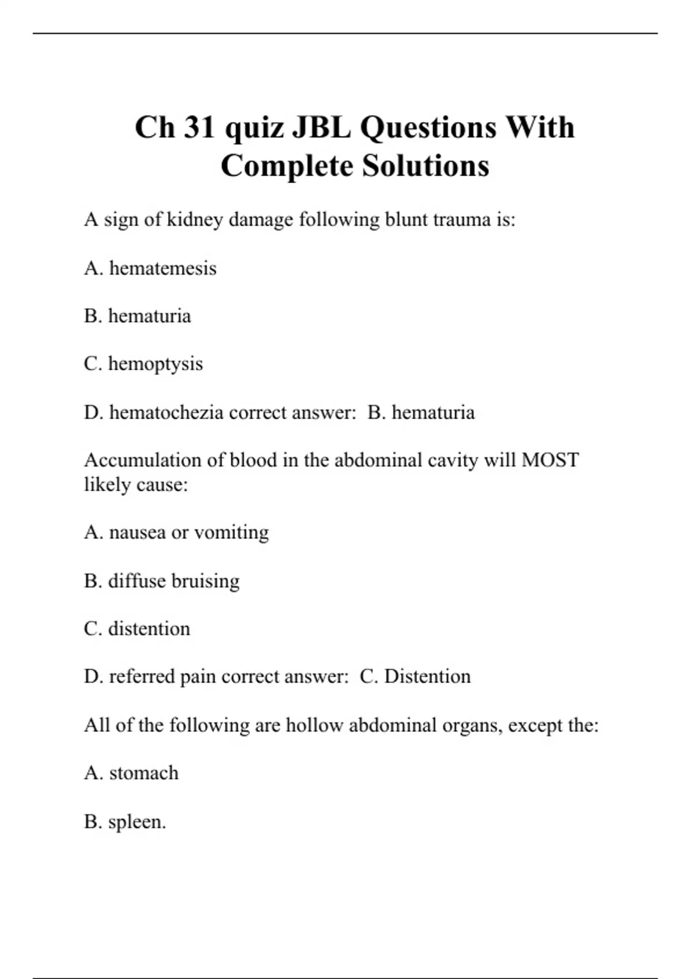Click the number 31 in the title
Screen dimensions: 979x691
[199, 127]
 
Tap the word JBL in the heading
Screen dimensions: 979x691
[321, 127]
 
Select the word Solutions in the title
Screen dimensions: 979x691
[426, 166]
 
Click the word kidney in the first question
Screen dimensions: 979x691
[194, 220]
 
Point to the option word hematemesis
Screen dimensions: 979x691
[163, 268]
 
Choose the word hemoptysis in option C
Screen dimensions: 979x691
[155, 364]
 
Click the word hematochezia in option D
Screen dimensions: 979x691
[166, 412]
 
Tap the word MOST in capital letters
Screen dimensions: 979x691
[550, 460]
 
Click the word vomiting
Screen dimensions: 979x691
[231, 533]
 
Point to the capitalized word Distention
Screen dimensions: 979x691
[427, 676]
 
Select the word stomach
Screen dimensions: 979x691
[144, 773]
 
